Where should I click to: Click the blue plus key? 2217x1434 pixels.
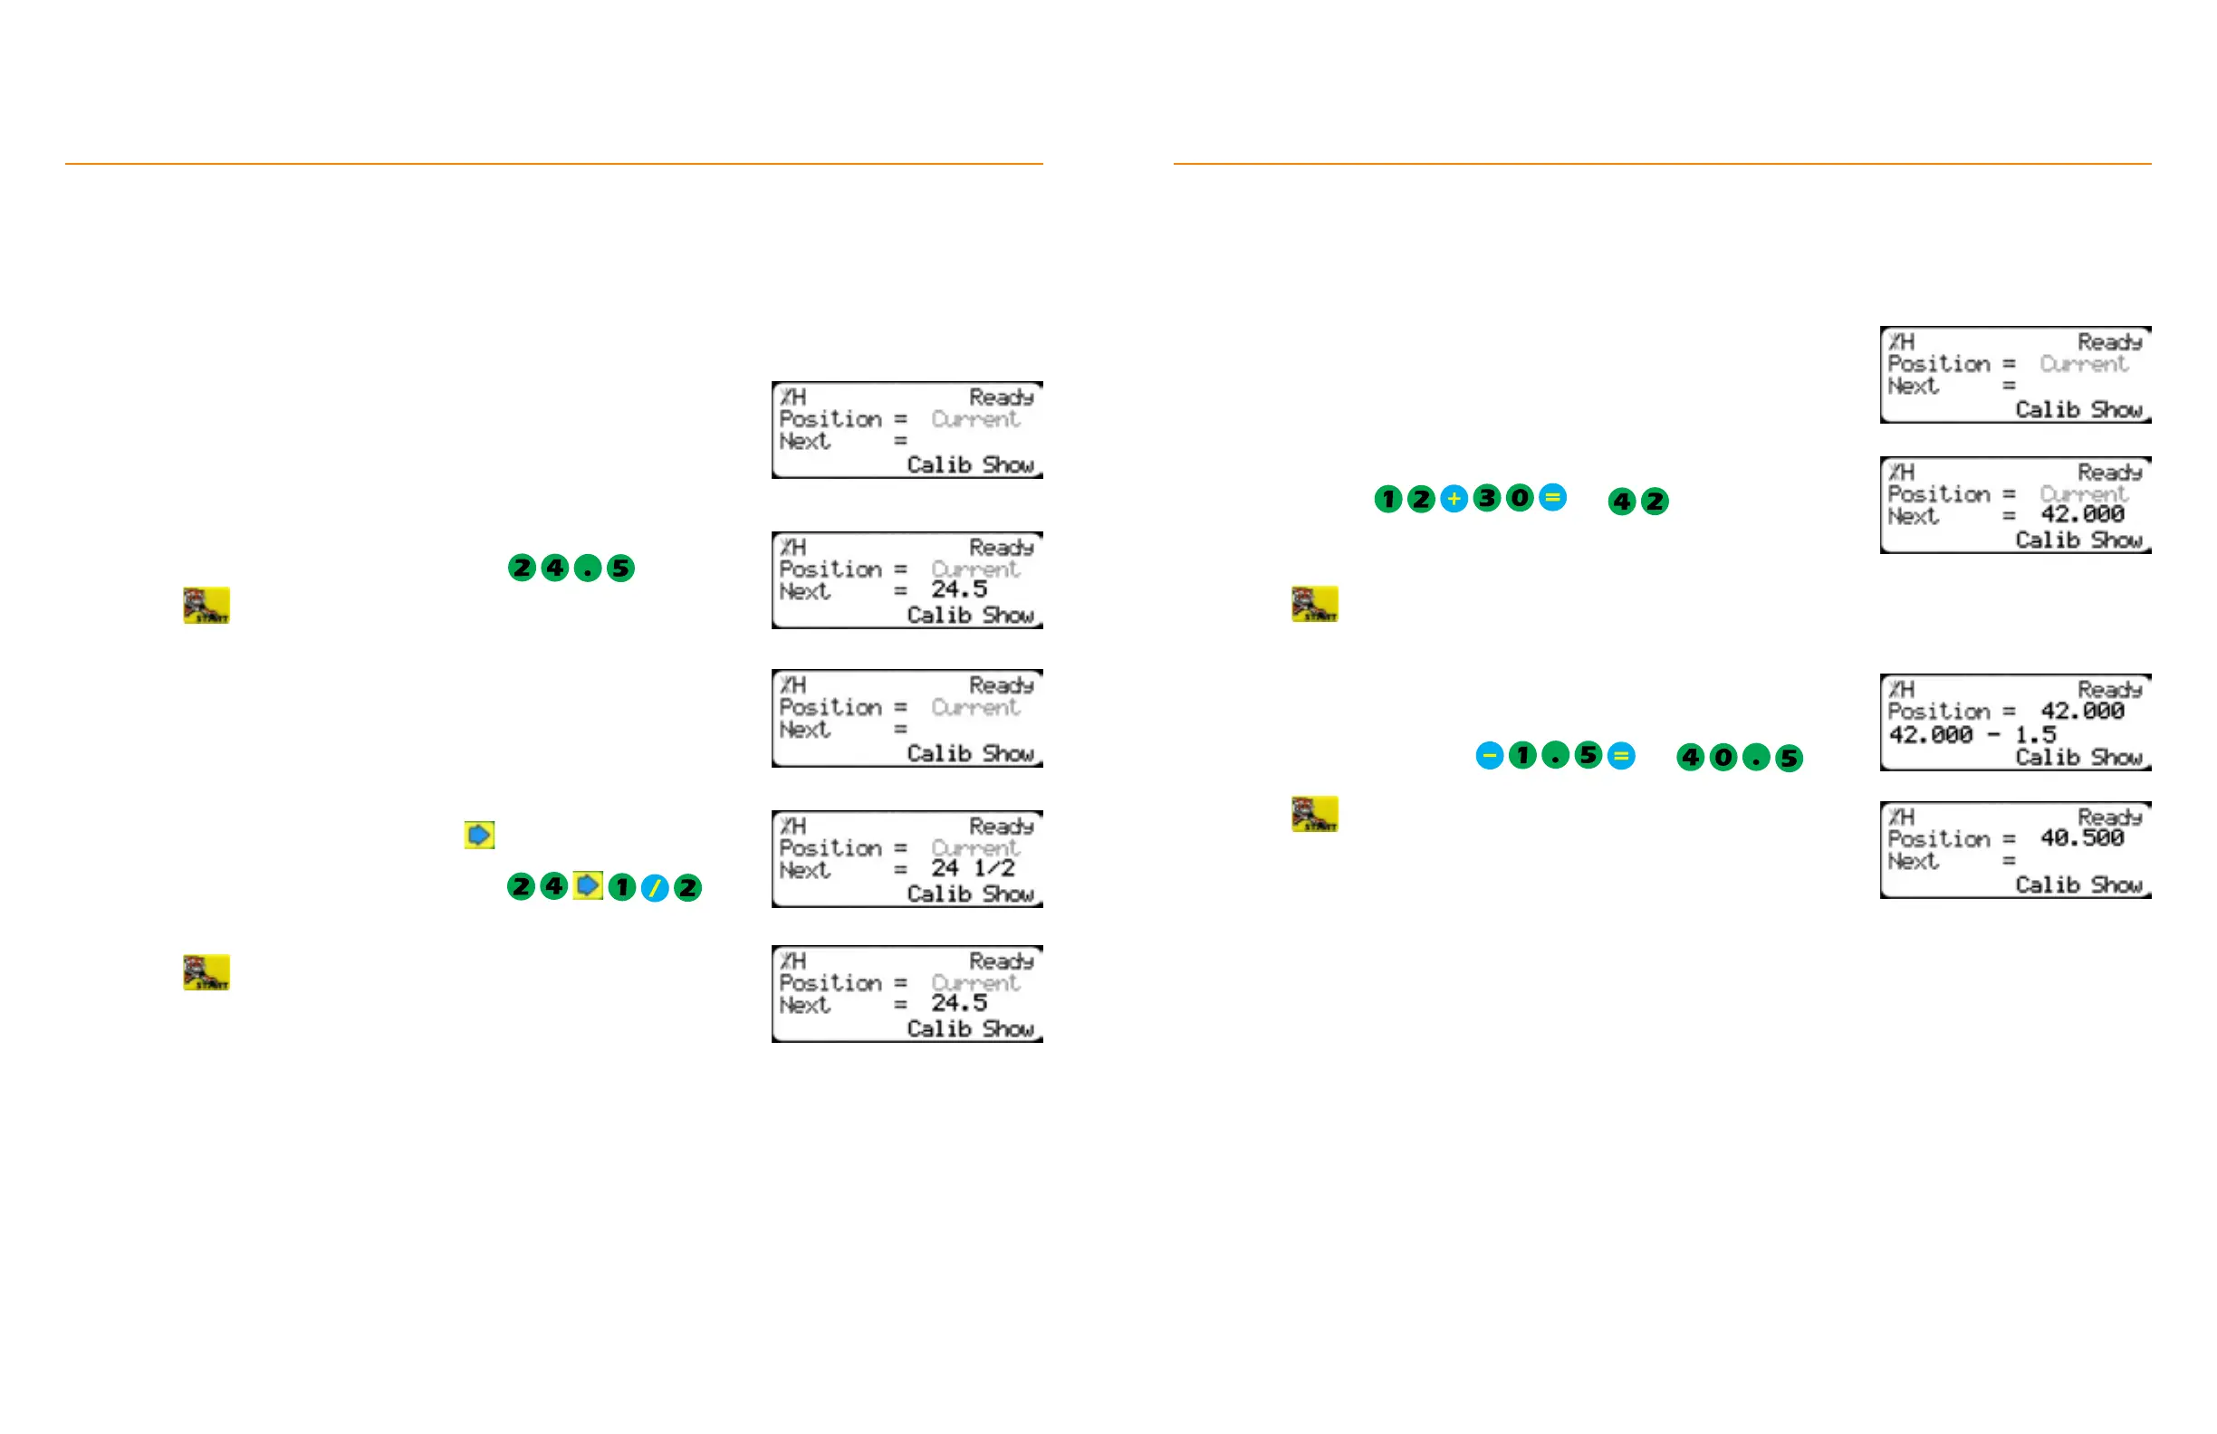[x=1454, y=499]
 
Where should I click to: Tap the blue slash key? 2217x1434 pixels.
[x=655, y=888]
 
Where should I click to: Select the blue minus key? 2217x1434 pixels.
[x=1490, y=755]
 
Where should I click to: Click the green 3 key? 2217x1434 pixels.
[x=1487, y=498]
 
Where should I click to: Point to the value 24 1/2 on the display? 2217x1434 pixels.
[x=973, y=868]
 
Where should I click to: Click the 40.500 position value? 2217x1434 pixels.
[x=2082, y=838]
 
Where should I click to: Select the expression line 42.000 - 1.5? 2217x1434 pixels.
[x=1971, y=735]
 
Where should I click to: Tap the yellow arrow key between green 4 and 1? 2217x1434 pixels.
[x=588, y=885]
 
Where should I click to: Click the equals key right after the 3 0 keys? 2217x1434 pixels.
[x=1552, y=497]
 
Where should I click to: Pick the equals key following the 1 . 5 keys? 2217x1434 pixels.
[x=1621, y=755]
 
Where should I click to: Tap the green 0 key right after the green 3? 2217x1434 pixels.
[x=1520, y=498]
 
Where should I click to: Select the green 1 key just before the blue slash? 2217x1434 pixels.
[x=621, y=887]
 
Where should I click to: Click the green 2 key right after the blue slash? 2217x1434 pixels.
[x=687, y=887]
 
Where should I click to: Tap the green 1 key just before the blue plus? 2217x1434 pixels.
[x=1388, y=499]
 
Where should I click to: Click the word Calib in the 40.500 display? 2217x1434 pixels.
[x=2047, y=884]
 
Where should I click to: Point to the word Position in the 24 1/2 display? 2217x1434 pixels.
[x=830, y=848]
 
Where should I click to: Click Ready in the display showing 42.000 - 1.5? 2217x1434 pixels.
[x=2109, y=690]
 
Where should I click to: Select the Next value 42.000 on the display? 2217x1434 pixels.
[x=2082, y=515]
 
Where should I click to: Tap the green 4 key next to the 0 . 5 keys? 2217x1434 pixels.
[x=1691, y=757]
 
